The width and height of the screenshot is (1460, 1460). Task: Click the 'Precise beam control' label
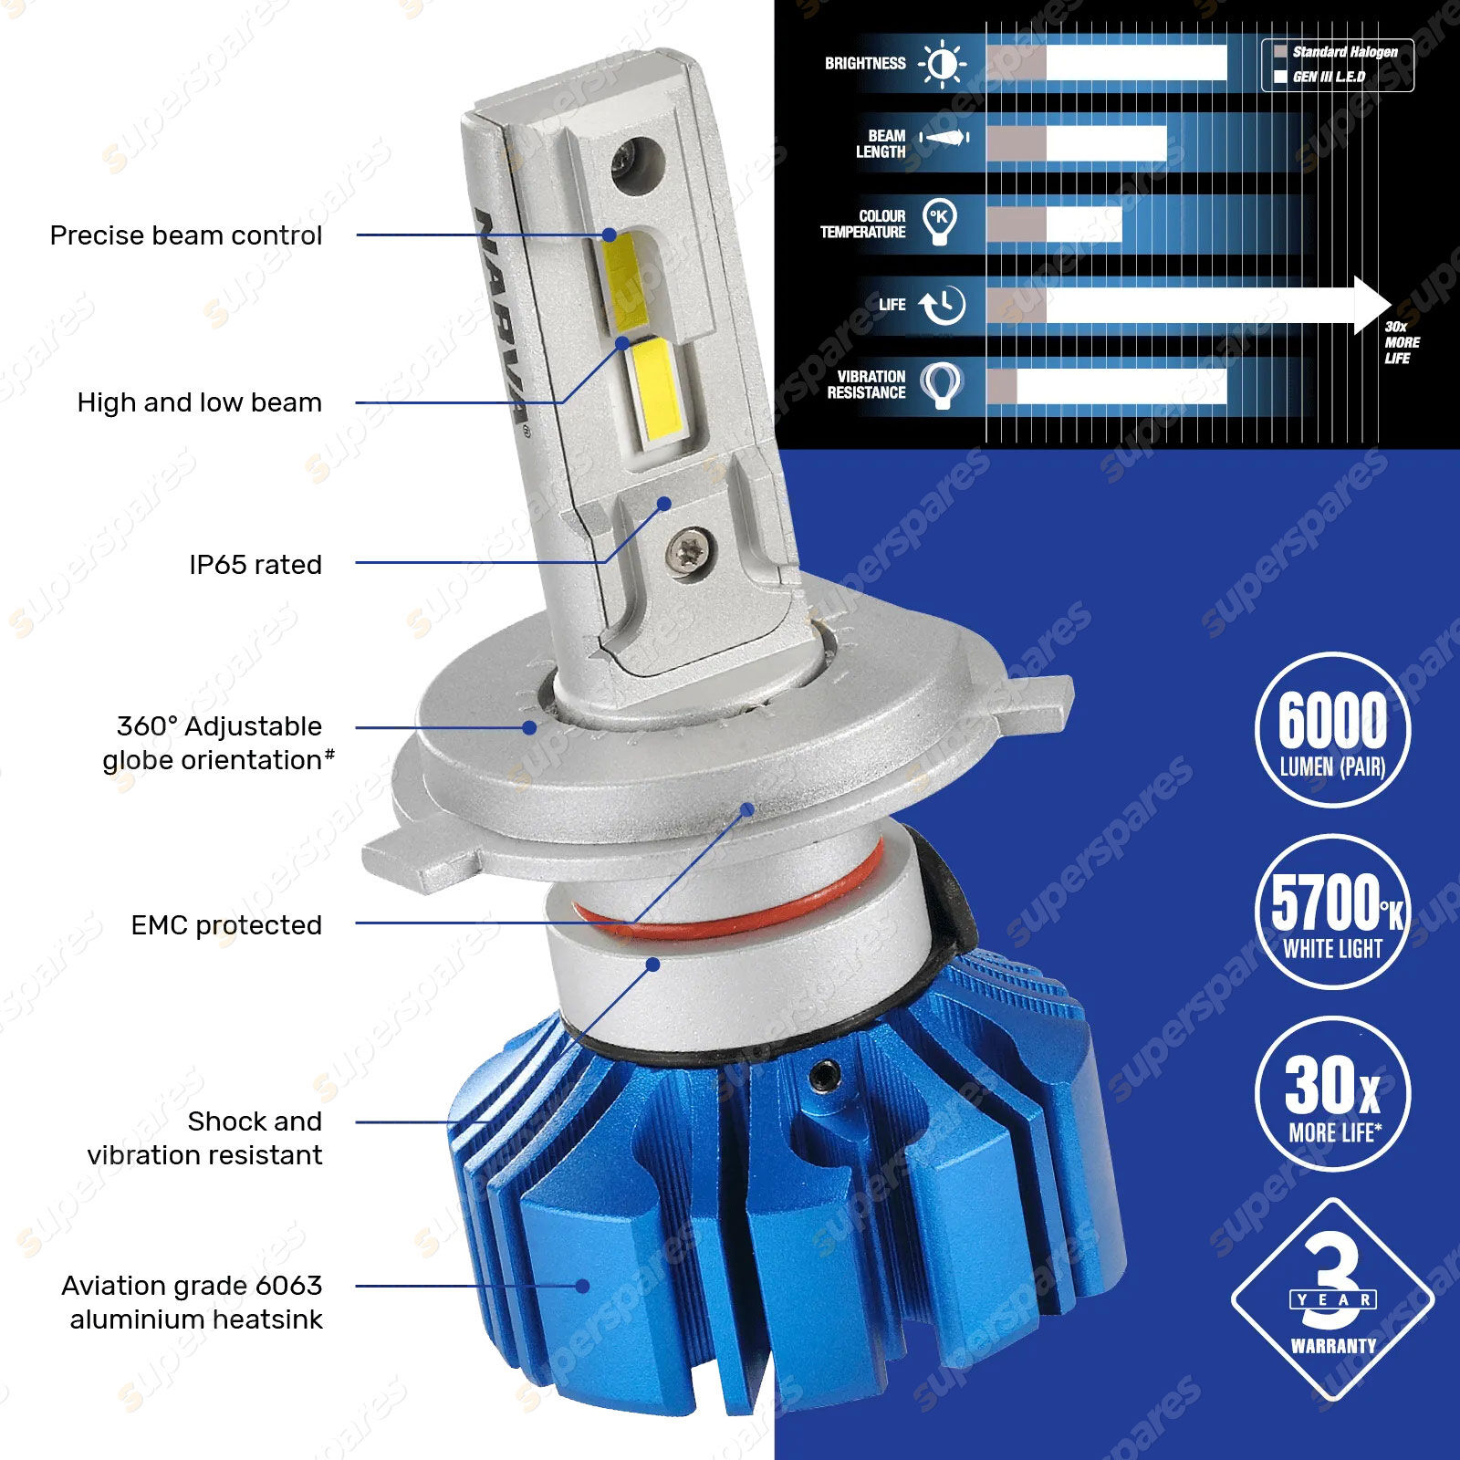tap(186, 235)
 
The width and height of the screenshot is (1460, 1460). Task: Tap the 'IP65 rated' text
tap(255, 565)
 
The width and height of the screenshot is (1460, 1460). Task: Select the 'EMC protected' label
tap(226, 925)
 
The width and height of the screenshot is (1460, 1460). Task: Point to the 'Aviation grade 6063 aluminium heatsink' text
tap(193, 1302)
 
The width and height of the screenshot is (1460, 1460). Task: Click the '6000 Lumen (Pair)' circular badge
tap(1332, 730)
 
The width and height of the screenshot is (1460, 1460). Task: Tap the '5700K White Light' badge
tap(1332, 912)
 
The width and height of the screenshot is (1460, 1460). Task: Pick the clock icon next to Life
tap(942, 306)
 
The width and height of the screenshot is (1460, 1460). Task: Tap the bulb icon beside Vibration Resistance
tap(941, 385)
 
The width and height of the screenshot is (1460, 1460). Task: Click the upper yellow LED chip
tap(626, 280)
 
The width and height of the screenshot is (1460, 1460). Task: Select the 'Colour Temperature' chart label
tap(863, 224)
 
